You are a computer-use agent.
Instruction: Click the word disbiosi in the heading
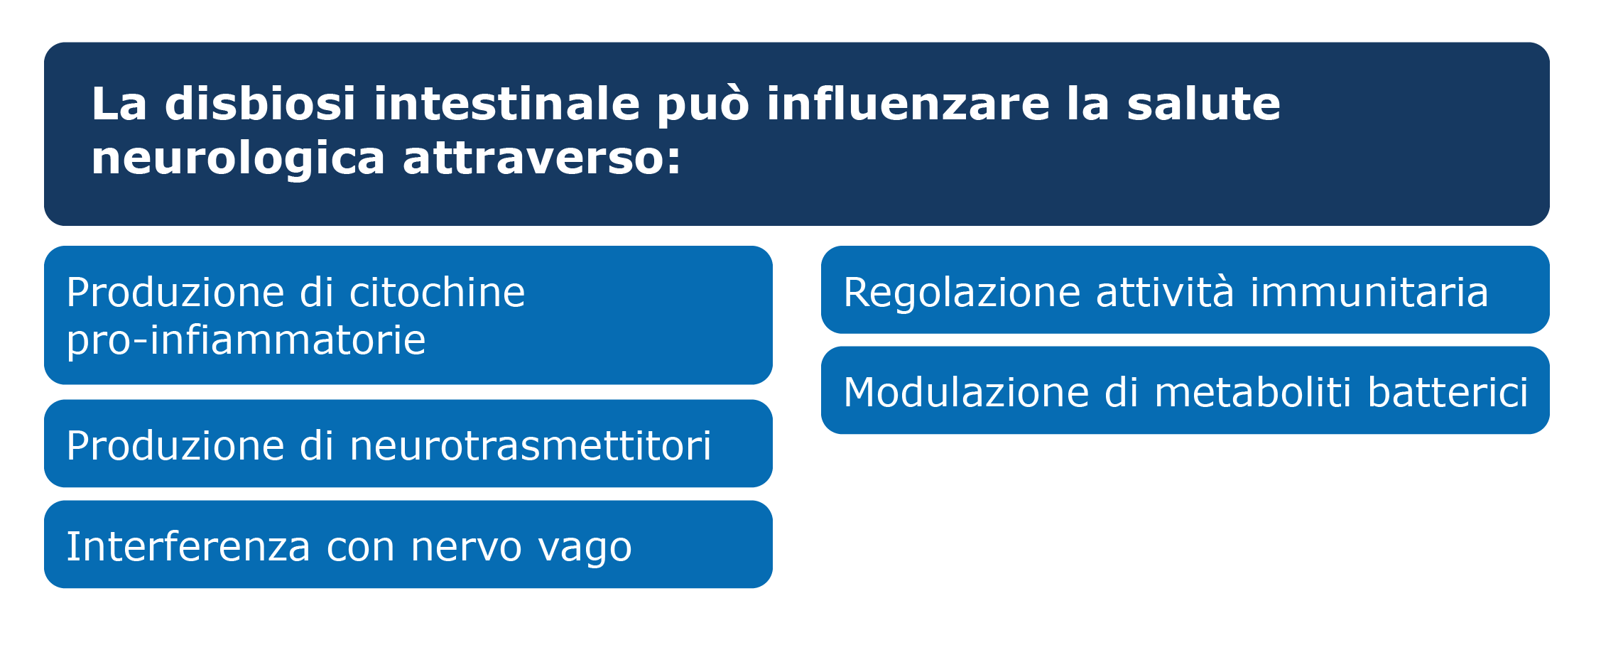coord(260,104)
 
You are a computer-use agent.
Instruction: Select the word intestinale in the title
coord(506,104)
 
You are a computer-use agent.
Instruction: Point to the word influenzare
coord(908,104)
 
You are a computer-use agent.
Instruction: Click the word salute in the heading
coord(1203,104)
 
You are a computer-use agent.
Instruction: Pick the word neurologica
coord(238,158)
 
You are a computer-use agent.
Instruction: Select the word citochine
coord(437,292)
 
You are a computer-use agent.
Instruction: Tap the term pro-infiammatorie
coord(246,340)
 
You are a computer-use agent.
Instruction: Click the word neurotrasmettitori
coord(530,446)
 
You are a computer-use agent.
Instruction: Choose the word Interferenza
coord(188,547)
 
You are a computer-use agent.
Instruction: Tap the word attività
coord(1165,292)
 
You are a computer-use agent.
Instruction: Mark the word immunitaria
coord(1369,292)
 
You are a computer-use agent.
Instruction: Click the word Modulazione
coord(966,392)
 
